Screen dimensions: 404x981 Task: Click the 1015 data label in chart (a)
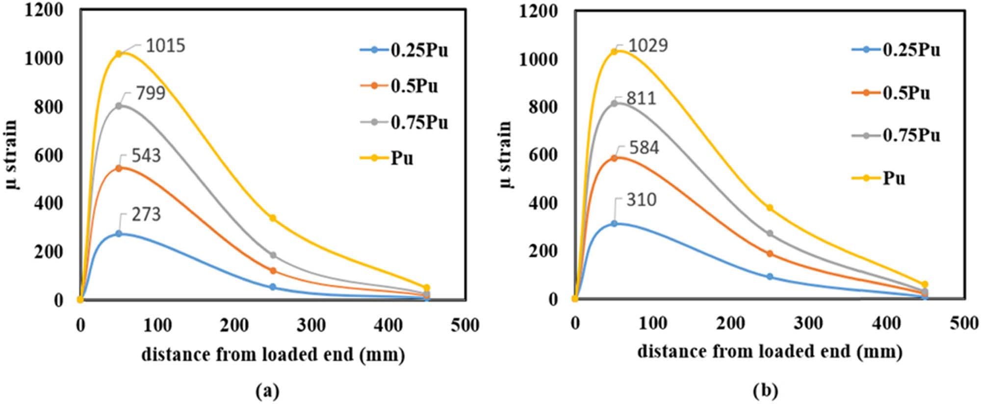click(165, 46)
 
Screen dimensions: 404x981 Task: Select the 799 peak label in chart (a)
click(151, 93)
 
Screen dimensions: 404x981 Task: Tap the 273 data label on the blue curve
click(146, 215)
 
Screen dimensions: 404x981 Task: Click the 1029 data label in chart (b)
click(648, 45)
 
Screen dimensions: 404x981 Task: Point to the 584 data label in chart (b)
click(644, 148)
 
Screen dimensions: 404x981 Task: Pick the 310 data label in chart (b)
click(642, 200)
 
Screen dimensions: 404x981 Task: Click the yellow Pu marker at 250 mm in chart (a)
click(273, 218)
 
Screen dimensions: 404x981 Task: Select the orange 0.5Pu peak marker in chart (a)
click(118, 168)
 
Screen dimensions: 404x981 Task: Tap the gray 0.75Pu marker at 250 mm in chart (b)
click(770, 234)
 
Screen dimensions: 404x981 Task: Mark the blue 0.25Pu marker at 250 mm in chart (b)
click(770, 277)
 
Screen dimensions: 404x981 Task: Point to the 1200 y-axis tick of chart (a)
click(44, 9)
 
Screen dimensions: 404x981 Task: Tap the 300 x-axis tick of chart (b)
click(808, 323)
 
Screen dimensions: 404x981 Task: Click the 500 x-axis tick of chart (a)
click(465, 325)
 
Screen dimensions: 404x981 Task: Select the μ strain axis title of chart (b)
click(506, 155)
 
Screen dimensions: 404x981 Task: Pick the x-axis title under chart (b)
click(770, 351)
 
